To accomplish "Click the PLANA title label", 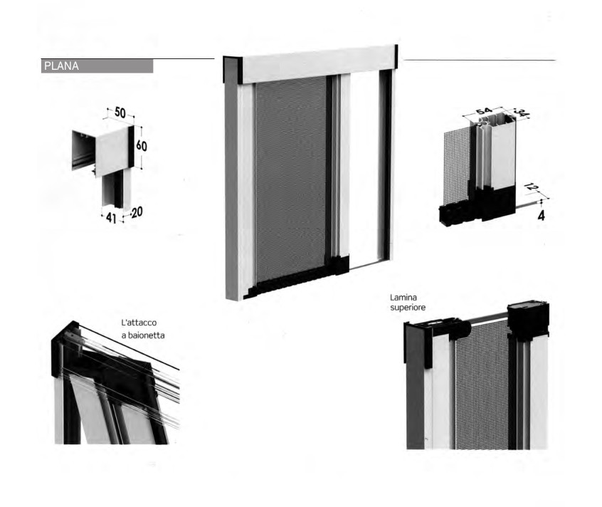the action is (61, 66).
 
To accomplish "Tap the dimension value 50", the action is (120, 113).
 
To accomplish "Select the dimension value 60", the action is (142, 145).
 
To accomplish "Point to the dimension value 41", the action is (111, 218).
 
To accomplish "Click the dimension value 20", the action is (137, 212).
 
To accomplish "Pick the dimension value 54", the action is (484, 111).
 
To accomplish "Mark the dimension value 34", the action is (522, 114).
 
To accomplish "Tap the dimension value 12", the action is (532, 187).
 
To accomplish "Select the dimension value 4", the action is (541, 216).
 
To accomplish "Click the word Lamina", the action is (403, 297).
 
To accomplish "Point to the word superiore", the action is (408, 308).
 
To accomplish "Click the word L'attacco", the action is (139, 323).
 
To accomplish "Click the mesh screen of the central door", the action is (290, 177).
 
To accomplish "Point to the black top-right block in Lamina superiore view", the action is (528, 319).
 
